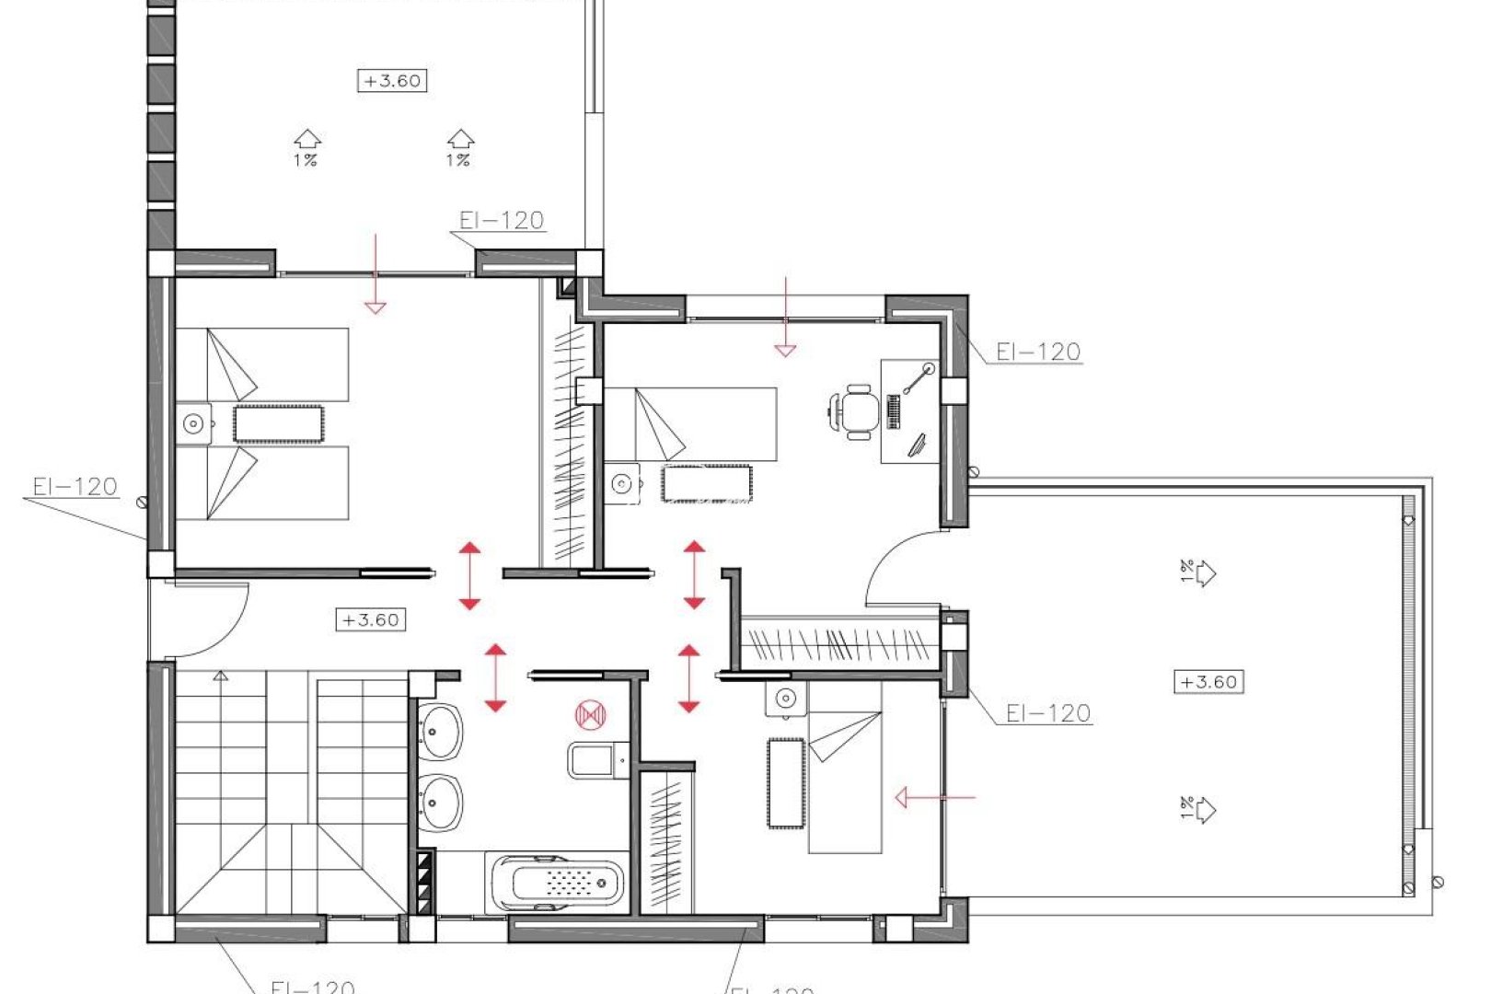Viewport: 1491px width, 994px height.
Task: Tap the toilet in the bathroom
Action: tap(594, 760)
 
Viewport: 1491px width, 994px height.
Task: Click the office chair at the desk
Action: tap(855, 411)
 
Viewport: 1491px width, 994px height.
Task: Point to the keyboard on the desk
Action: tap(893, 411)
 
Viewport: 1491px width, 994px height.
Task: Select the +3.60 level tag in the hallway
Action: tap(371, 620)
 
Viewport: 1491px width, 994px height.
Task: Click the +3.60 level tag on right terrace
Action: tap(1208, 682)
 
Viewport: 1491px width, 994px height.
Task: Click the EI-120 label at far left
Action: tap(75, 486)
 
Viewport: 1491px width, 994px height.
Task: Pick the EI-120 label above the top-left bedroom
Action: tap(502, 220)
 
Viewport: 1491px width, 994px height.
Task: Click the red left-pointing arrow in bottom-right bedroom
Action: tap(933, 797)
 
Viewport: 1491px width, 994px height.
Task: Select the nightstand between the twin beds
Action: tap(193, 424)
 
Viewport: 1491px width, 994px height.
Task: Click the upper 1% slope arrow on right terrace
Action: tap(1199, 572)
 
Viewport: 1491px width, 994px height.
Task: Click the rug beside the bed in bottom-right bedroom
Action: tap(786, 782)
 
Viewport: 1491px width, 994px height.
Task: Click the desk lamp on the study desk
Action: tap(918, 377)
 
